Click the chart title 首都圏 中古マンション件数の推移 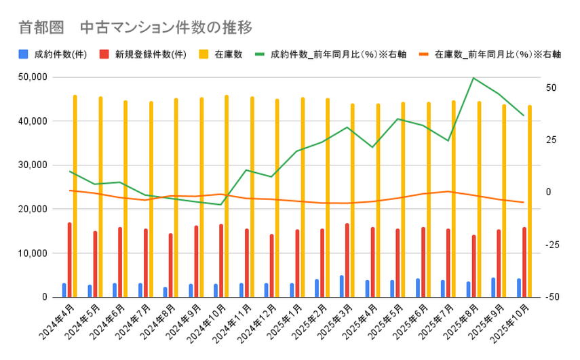point(135,28)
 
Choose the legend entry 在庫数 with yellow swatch point(221,55)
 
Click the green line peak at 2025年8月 point(473,78)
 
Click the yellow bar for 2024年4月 point(75,197)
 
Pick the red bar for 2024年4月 point(69,260)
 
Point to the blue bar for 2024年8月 point(165,292)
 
